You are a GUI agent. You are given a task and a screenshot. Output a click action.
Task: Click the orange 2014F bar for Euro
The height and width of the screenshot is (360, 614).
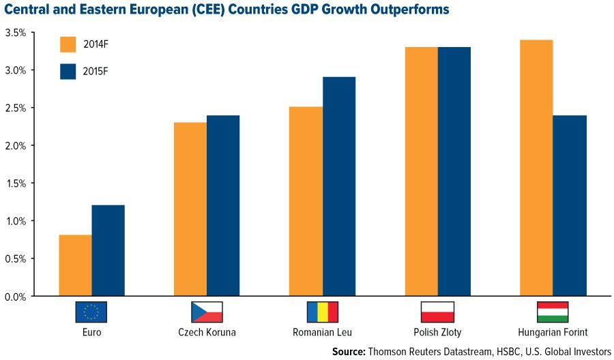(75, 266)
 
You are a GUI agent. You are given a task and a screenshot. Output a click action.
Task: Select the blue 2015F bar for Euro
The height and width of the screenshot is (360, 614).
(108, 251)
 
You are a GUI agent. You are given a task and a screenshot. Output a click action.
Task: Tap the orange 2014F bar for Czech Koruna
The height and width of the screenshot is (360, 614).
(190, 209)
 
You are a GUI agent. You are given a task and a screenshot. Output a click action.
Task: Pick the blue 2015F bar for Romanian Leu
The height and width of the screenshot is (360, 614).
(339, 187)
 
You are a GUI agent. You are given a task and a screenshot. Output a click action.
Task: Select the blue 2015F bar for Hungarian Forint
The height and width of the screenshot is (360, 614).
(570, 206)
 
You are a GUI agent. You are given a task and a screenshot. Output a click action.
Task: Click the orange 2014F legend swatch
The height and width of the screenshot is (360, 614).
(68, 44)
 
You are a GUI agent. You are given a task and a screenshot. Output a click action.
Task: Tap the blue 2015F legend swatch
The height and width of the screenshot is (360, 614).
(68, 72)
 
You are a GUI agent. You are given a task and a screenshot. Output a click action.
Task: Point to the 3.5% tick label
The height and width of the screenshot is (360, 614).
(16, 33)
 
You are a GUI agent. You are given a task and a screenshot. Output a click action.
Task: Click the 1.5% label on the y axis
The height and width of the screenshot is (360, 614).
(16, 183)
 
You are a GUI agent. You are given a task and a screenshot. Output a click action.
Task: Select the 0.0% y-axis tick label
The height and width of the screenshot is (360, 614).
(16, 297)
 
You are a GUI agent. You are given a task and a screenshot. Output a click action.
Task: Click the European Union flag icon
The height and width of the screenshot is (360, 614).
(91, 312)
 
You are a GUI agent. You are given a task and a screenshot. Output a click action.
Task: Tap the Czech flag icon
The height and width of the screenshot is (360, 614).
(207, 312)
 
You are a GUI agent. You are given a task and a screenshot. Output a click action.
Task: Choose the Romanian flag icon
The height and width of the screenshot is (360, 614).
(322, 312)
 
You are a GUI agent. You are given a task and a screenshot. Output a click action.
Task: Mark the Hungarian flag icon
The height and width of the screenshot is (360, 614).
(553, 312)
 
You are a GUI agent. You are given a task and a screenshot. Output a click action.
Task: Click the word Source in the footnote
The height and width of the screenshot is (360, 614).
(349, 351)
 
